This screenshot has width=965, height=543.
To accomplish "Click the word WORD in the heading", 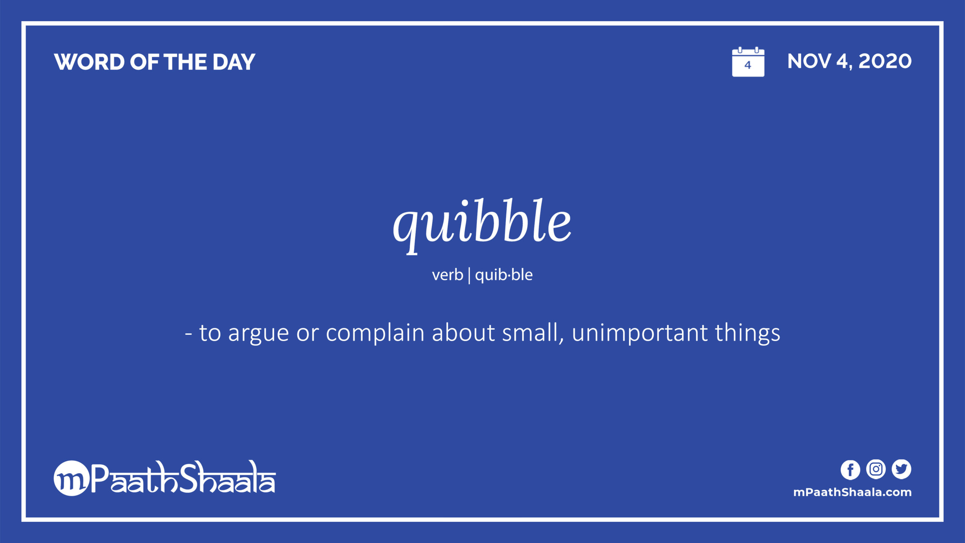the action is [x=89, y=62].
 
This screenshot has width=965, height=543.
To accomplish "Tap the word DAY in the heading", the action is [x=234, y=62].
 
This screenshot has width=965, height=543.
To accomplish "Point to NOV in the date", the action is [x=809, y=61].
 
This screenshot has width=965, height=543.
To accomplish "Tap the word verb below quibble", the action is [x=447, y=275].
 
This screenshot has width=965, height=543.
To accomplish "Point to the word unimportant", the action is [x=640, y=333].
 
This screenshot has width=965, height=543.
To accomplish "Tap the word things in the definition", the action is [x=747, y=333].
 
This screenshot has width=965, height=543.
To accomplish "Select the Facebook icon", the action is [x=850, y=470].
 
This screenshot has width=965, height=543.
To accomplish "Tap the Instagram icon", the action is [x=876, y=469].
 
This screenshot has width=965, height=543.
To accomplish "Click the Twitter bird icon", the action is [x=901, y=469].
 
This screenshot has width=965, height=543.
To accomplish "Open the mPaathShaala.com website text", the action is [x=852, y=492].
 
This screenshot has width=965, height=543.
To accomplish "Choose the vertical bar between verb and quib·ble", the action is [x=469, y=275].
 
